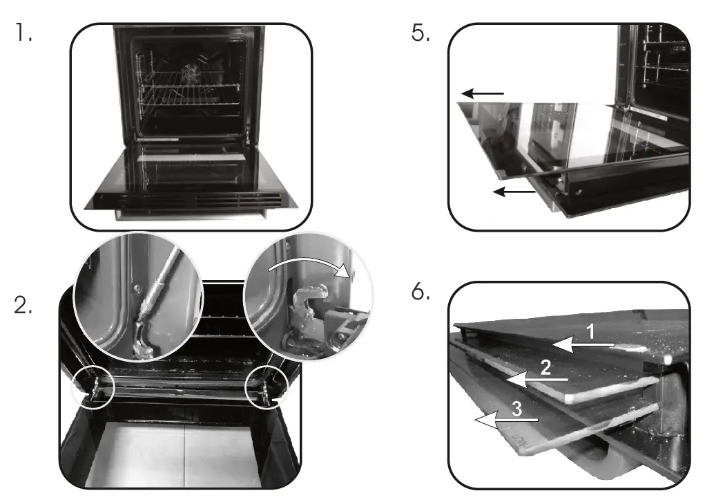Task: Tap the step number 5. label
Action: click(x=420, y=34)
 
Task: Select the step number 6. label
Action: click(x=421, y=293)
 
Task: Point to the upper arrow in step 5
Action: click(x=483, y=93)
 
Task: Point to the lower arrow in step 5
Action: click(x=514, y=192)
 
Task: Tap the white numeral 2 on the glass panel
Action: click(x=545, y=369)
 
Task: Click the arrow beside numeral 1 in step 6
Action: click(x=583, y=344)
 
